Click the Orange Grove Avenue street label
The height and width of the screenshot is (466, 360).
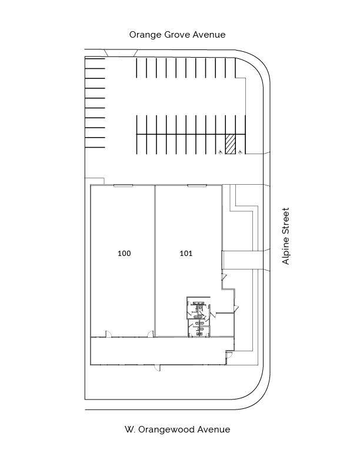(177, 35)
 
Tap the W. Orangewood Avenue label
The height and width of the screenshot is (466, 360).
(177, 430)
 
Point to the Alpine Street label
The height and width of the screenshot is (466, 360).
(285, 236)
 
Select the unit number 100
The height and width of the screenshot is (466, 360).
(124, 253)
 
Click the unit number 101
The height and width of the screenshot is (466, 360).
(186, 253)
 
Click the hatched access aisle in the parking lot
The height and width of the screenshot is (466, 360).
(230, 144)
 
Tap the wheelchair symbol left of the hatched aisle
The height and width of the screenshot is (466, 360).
(221, 152)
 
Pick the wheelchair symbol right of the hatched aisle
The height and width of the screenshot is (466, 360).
(241, 152)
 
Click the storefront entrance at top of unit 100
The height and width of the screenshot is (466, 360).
(124, 186)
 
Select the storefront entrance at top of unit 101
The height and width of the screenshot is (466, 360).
(197, 186)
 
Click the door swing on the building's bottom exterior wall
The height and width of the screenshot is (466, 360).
(157, 368)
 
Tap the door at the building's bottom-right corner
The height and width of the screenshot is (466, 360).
(229, 355)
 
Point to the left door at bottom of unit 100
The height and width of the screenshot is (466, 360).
(109, 334)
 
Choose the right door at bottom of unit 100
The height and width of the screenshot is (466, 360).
(151, 334)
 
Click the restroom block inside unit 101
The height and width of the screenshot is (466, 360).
(198, 317)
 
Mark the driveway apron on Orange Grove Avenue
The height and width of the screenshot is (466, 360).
(121, 53)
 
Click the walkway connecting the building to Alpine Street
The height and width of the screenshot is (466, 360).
(243, 260)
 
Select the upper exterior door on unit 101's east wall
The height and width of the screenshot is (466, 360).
(224, 276)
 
